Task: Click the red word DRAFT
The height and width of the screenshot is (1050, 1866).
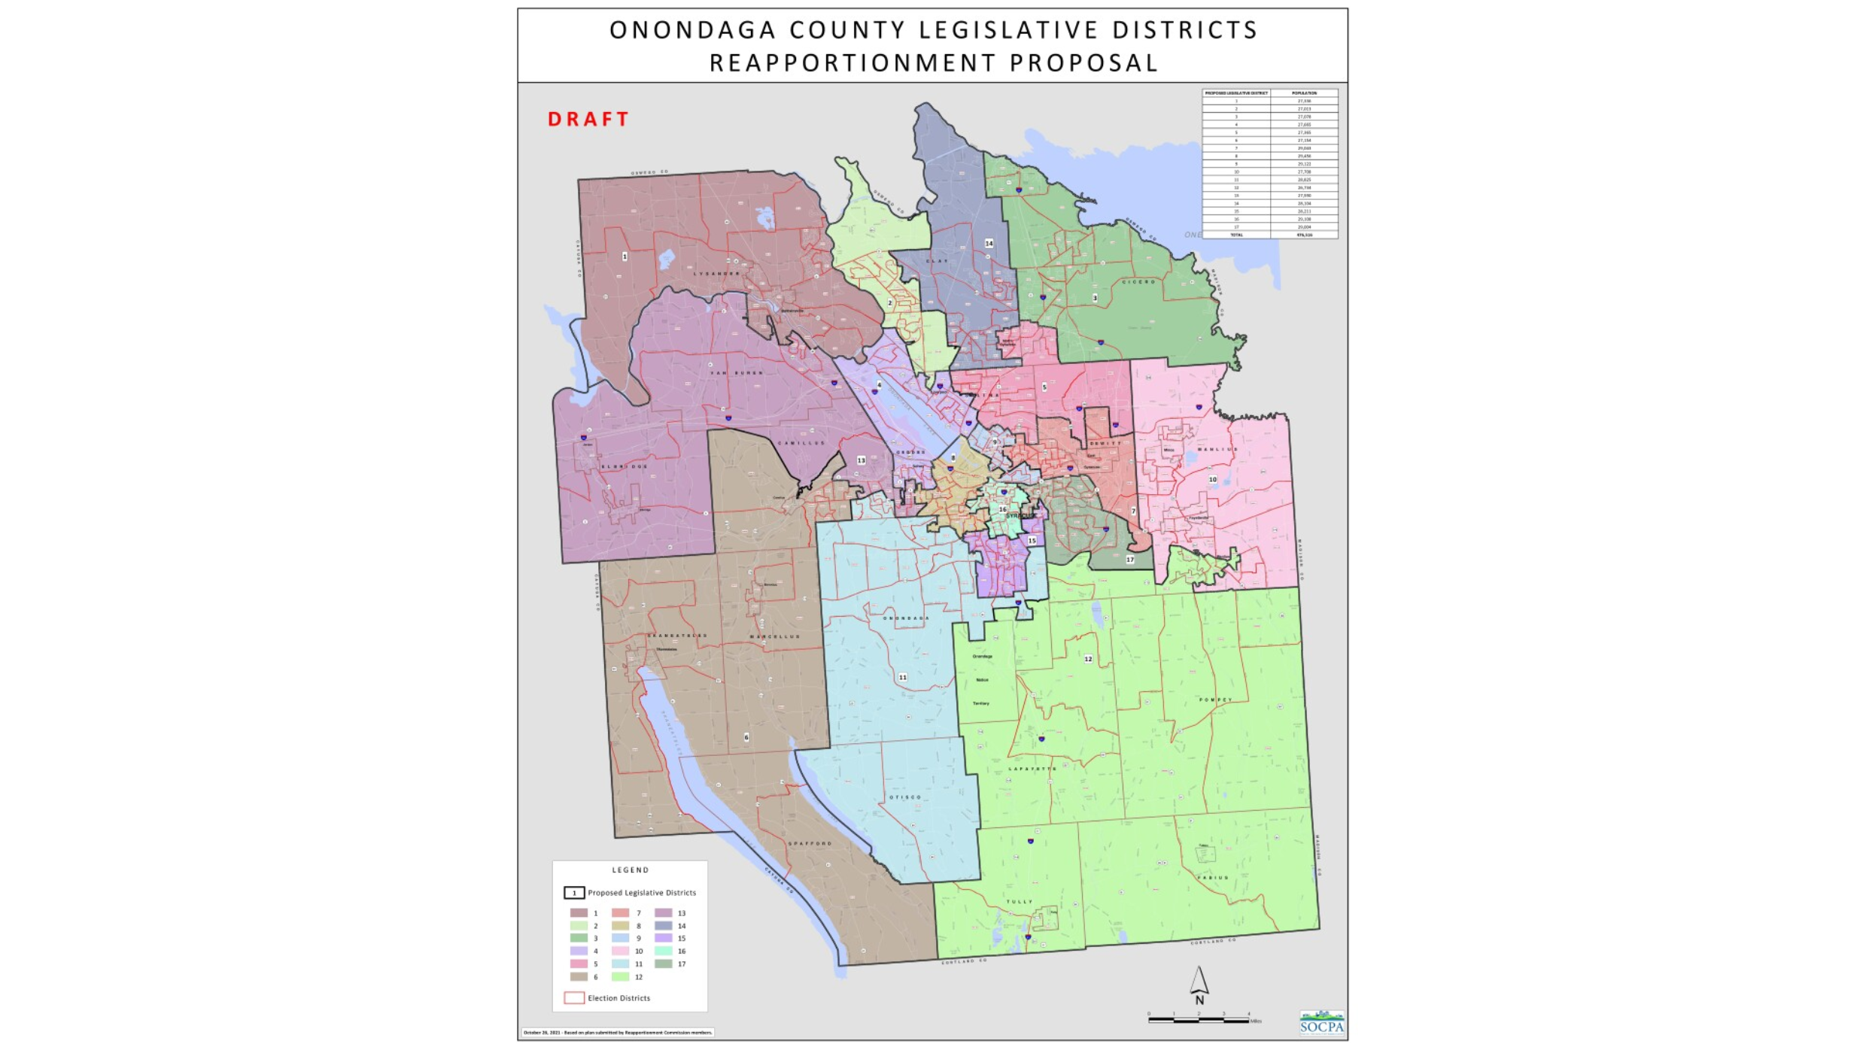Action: coord(588,120)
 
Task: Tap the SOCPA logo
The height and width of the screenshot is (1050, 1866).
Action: coord(1322,1024)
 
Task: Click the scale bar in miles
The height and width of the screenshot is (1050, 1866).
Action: coord(1199,1020)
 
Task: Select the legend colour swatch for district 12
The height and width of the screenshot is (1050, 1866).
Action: coord(620,977)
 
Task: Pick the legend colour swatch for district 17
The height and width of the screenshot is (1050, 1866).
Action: coord(663,964)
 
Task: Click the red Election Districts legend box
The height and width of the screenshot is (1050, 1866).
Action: coord(574,998)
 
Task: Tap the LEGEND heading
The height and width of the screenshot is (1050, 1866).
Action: coord(631,870)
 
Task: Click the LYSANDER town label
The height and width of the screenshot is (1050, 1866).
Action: coord(716,274)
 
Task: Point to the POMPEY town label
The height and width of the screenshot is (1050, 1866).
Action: coord(1215,700)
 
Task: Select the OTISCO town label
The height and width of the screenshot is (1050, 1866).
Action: coord(905,797)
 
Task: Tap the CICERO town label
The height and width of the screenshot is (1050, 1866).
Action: coord(1138,282)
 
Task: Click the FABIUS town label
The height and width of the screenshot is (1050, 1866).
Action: coord(1213,878)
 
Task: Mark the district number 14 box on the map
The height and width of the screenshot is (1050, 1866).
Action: coord(989,244)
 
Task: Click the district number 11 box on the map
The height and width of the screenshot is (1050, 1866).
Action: coord(902,678)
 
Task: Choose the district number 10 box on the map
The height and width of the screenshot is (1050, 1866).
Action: coord(1212,479)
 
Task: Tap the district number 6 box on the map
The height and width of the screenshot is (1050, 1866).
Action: coord(746,737)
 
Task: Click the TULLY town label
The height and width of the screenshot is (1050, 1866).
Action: coord(1020,902)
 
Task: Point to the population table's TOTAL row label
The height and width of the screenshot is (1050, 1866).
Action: coord(1236,235)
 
